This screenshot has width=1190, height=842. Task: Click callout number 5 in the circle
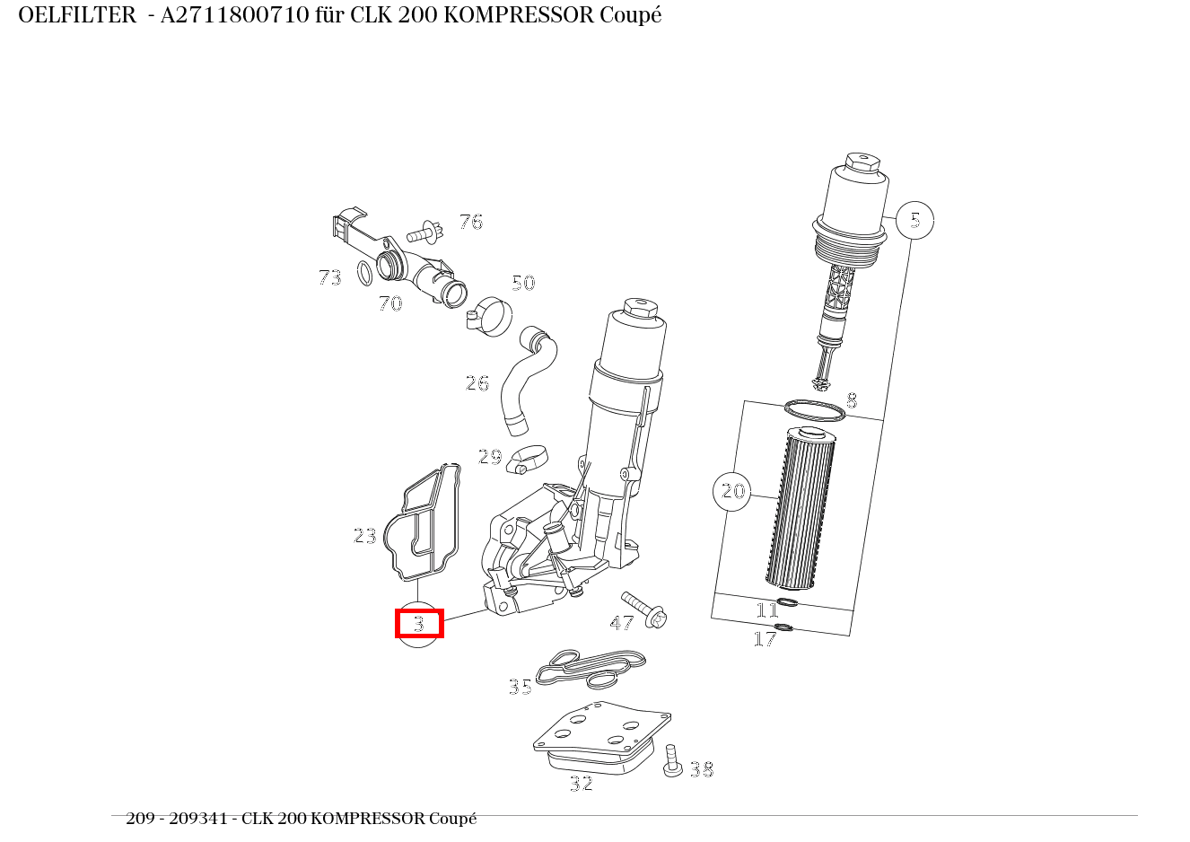[914, 220]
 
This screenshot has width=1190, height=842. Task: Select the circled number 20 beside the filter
[732, 491]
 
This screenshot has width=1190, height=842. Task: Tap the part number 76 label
[471, 222]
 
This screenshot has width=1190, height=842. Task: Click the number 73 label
[330, 278]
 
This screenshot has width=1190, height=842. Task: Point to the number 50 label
[523, 284]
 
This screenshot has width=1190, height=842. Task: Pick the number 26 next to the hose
[477, 383]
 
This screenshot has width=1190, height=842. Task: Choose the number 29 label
[490, 457]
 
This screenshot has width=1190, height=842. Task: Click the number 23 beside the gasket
[365, 536]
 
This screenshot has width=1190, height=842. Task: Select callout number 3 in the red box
[419, 623]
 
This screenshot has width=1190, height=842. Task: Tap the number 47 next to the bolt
[621, 623]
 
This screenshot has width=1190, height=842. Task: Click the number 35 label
[521, 688]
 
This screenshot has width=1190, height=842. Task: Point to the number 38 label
[702, 769]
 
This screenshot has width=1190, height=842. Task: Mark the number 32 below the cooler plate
[582, 784]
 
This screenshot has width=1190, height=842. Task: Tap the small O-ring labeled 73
[364, 273]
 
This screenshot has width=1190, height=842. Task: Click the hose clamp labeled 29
[525, 459]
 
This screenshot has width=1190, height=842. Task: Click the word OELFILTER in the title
[76, 16]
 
